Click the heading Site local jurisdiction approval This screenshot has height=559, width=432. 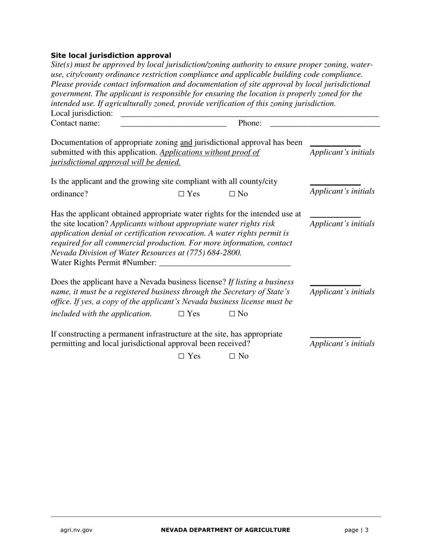click(x=111, y=55)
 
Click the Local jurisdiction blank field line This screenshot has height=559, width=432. click(x=249, y=115)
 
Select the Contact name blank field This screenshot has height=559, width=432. click(x=173, y=124)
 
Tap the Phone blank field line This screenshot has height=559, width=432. click(x=325, y=124)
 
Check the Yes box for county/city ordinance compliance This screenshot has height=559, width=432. click(x=181, y=194)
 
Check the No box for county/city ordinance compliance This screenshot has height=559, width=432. click(x=232, y=194)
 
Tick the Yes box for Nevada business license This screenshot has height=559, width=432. click(x=181, y=314)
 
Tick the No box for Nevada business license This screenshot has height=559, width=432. click(x=232, y=314)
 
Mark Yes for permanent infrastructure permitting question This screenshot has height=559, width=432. click(x=181, y=356)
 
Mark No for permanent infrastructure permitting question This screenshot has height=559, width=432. click(x=232, y=356)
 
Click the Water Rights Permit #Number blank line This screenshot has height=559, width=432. click(x=225, y=264)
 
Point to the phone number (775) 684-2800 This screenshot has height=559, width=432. click(x=214, y=253)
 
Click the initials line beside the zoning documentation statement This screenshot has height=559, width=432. click(x=335, y=145)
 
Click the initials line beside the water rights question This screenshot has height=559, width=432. click(x=335, y=216)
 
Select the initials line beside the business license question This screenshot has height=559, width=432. click(x=335, y=284)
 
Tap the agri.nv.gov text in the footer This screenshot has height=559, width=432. click(x=76, y=530)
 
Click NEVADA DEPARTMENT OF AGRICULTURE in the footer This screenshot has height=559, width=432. click(x=225, y=530)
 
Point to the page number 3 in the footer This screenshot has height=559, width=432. click(x=367, y=530)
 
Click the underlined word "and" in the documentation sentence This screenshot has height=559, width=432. click(x=186, y=143)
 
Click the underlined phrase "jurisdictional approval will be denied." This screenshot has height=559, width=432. click(x=116, y=162)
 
